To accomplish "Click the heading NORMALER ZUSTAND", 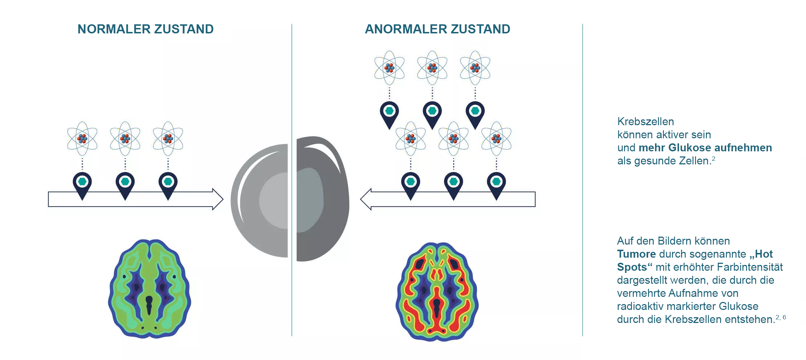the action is [146, 29].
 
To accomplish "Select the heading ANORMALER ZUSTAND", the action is [437, 29].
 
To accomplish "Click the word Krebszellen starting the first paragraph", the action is [646, 122].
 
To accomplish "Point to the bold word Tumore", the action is [636, 254].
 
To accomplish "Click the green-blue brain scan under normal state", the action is [150, 289].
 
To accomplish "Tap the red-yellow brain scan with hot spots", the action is [437, 292].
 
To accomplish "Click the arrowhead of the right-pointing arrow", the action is [218, 199].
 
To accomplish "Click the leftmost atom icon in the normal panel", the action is [82, 139].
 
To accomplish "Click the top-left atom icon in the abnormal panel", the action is [390, 68].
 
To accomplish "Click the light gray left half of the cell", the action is [259, 201].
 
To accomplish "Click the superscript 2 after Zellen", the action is [713, 159].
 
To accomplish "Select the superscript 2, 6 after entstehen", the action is [781, 317].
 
